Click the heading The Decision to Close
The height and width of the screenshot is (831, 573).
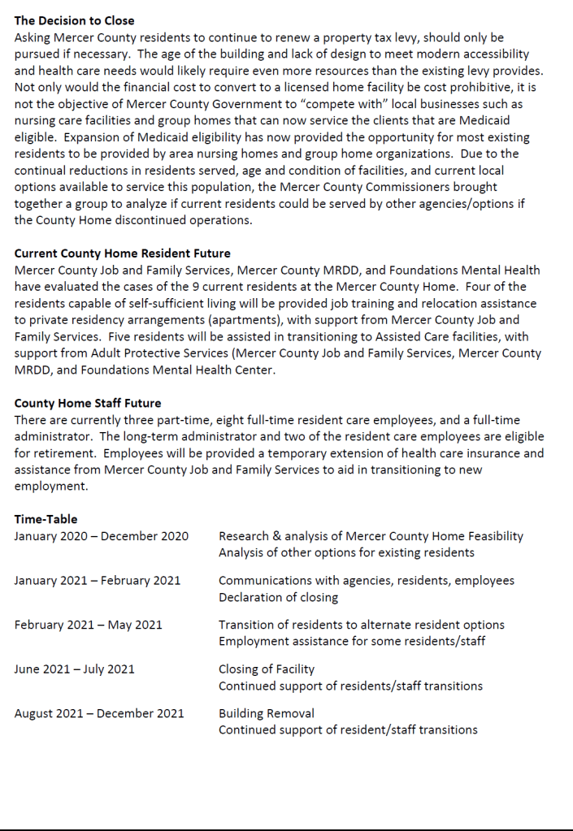(x=75, y=20)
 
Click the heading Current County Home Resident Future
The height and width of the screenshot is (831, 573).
(x=123, y=253)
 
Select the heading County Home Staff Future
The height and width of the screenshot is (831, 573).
(x=88, y=403)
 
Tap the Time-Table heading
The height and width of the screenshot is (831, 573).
(x=46, y=519)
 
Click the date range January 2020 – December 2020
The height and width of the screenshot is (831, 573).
(x=101, y=536)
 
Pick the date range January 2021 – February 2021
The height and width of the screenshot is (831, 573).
(x=98, y=581)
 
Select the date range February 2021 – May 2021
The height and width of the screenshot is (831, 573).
(x=88, y=625)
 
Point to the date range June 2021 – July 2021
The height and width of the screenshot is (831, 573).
(x=75, y=669)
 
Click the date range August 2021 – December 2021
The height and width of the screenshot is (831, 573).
(x=99, y=713)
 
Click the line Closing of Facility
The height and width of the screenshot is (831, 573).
(x=267, y=669)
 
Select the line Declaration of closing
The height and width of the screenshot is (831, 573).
(x=279, y=598)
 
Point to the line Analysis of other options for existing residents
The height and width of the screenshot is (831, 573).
(x=346, y=553)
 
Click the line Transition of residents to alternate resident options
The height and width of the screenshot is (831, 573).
(x=362, y=625)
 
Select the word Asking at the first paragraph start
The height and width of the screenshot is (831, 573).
(x=33, y=37)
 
